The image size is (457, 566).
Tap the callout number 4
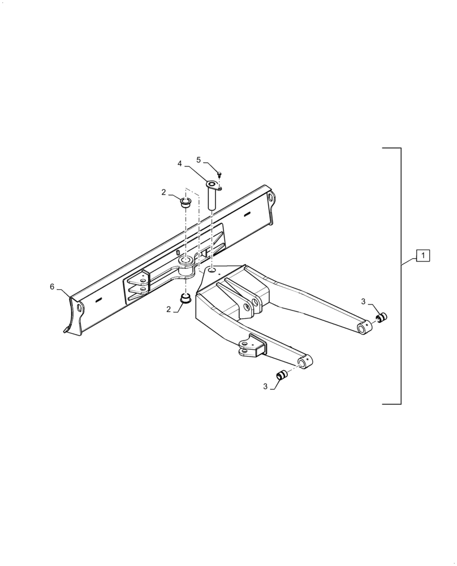pos(179,164)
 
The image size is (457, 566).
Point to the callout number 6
pos(52,287)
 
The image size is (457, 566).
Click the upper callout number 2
pos(163,192)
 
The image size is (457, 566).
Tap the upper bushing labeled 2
pos(186,202)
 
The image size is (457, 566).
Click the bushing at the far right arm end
pos(382,317)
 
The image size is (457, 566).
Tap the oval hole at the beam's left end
pos(80,308)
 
